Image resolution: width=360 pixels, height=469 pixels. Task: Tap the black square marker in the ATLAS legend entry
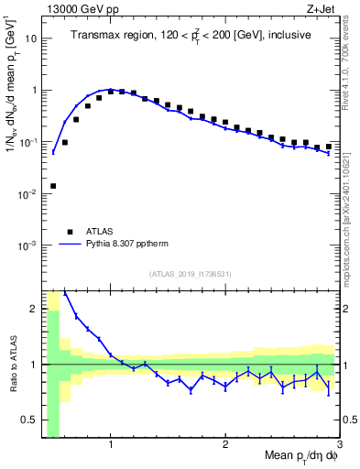point(69,232)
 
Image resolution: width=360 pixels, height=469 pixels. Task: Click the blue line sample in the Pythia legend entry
point(69,245)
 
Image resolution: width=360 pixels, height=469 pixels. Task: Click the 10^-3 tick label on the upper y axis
point(29,245)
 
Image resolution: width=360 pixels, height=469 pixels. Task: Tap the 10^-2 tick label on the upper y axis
point(29,194)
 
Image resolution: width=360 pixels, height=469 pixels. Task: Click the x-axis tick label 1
point(111,446)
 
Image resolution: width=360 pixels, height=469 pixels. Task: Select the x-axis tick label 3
point(339,446)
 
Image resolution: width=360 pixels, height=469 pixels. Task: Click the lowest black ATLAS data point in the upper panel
point(53,186)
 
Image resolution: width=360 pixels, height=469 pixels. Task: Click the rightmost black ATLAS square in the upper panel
point(328,146)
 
